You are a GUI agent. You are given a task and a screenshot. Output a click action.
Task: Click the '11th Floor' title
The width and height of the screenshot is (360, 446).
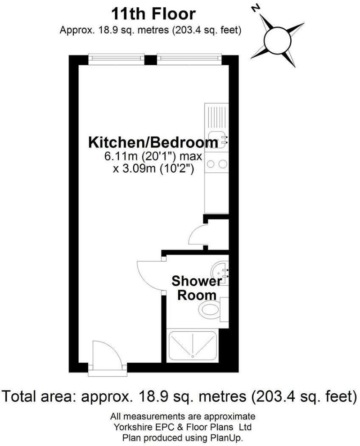(x=154, y=14)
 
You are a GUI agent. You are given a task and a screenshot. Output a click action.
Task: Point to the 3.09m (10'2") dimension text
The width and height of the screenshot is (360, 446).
(x=153, y=169)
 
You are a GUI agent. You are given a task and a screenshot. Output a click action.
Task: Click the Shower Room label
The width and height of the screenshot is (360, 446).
(x=197, y=288)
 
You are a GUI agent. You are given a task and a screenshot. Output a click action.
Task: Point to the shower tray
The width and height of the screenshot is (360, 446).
(x=192, y=346)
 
